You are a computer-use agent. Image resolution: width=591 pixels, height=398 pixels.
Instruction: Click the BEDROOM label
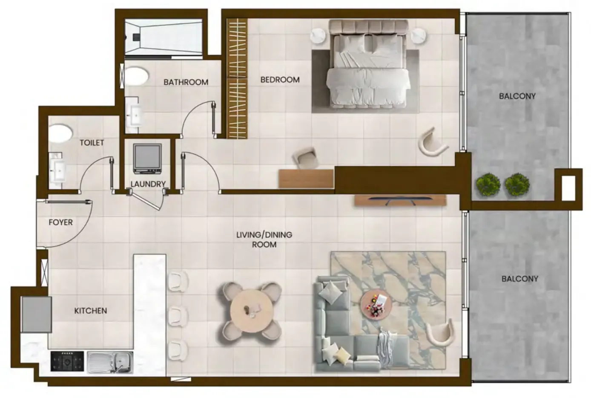280,80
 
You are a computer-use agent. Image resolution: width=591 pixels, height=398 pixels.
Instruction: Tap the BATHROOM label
186,82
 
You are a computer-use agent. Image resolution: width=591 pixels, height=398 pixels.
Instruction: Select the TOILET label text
92,143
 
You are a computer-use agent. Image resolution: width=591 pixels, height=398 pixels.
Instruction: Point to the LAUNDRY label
148,184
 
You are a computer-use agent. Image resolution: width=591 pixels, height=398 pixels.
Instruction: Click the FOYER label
60,222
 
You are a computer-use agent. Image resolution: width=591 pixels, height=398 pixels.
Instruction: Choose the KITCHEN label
91,311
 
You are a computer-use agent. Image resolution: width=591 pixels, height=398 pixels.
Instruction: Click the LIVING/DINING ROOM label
264,239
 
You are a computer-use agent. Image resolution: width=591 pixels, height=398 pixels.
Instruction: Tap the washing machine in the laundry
147,159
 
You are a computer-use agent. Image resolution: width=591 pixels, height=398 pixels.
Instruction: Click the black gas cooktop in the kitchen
67,361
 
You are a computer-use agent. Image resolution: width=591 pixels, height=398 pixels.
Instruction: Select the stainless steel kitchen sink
110,362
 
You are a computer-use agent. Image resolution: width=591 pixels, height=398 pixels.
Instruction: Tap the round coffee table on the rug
376,306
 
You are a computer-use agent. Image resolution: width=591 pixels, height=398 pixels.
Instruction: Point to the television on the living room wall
400,200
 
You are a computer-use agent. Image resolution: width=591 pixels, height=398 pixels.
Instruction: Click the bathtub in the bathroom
164,37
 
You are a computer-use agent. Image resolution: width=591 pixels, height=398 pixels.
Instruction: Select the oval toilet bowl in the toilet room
60,134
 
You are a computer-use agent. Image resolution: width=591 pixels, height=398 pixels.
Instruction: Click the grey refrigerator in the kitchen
37,314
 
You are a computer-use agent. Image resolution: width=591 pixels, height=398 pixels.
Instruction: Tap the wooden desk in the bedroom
306,179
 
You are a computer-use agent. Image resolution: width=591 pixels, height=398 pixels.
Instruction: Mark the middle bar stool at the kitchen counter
178,316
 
